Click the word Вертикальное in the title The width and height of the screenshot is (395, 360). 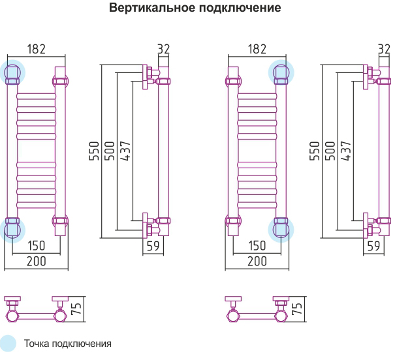point(152,8)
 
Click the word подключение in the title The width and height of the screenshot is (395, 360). point(240,8)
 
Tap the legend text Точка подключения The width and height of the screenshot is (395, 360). point(67,344)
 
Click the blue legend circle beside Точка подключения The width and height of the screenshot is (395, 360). point(8,344)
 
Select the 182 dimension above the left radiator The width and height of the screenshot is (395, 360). point(37,49)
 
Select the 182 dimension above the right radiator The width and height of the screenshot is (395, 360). point(257,49)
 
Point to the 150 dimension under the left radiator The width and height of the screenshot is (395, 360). point(37,245)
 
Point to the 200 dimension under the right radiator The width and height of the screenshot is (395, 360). point(257,261)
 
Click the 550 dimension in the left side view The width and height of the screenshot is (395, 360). point(94,151)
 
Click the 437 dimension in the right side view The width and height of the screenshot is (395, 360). point(346,151)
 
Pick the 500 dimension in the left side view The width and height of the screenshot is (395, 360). point(110,151)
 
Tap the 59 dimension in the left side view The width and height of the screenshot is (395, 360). point(153,246)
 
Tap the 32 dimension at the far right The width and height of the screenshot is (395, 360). point(384,49)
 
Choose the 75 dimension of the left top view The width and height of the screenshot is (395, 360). point(76,308)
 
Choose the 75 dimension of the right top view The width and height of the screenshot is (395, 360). point(296,308)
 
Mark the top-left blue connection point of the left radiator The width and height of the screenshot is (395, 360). point(12,72)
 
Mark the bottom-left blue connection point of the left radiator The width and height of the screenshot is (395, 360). point(12,230)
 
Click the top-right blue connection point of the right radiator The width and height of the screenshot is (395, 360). point(281,72)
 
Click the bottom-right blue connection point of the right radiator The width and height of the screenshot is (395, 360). point(281,230)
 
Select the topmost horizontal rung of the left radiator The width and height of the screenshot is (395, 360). point(37,97)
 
